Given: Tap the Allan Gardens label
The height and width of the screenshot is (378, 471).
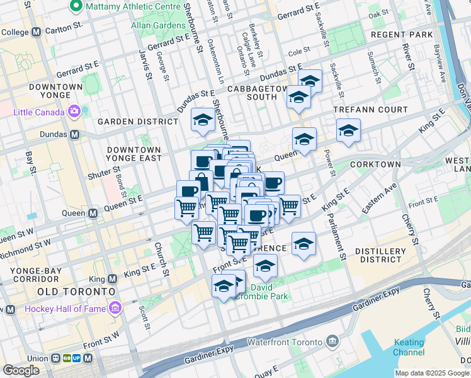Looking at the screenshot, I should click(x=156, y=26).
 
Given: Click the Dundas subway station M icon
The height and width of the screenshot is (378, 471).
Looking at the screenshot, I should click(x=75, y=134).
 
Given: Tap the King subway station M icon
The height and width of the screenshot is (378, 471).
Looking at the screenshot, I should click(x=113, y=278).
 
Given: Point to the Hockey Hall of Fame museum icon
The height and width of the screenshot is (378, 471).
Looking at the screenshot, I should click(x=115, y=309).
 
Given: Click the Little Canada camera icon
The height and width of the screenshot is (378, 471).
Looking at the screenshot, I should click(x=74, y=112).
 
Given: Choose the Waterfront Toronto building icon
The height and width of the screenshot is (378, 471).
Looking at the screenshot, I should click(x=332, y=342).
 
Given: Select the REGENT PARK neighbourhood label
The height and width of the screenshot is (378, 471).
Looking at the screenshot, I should click(x=402, y=34).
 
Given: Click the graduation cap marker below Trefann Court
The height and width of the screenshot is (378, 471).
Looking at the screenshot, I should click(x=348, y=131).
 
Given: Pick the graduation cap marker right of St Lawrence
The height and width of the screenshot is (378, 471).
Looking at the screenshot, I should click(x=304, y=244).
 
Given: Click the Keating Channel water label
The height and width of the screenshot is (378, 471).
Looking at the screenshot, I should click(x=409, y=347).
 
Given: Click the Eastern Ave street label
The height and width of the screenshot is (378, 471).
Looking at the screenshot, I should click(x=386, y=193).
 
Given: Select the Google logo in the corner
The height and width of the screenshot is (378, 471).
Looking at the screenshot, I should click(x=21, y=370).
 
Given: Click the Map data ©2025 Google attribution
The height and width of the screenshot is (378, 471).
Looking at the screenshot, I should click(x=432, y=373).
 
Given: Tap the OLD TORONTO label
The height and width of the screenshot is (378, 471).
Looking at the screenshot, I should click(x=76, y=292).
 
